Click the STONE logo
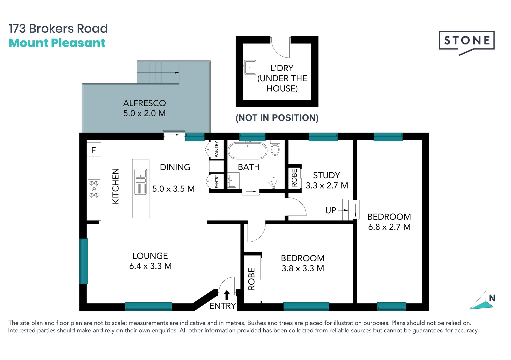[466, 41]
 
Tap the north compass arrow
[482, 301]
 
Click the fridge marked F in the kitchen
[94, 150]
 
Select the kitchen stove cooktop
[94, 189]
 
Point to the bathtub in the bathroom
[247, 151]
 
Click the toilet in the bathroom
[275, 148]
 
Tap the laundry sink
[250, 67]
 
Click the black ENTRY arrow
[227, 295]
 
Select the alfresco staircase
[158, 72]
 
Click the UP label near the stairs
[331, 210]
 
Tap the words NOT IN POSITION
[277, 118]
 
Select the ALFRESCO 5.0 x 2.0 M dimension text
[144, 113]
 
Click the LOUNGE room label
[150, 256]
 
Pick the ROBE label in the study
[294, 177]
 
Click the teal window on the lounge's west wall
[84, 261]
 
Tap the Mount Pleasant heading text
[57, 43]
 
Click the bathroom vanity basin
[232, 181]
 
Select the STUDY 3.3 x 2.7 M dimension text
[327, 185]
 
